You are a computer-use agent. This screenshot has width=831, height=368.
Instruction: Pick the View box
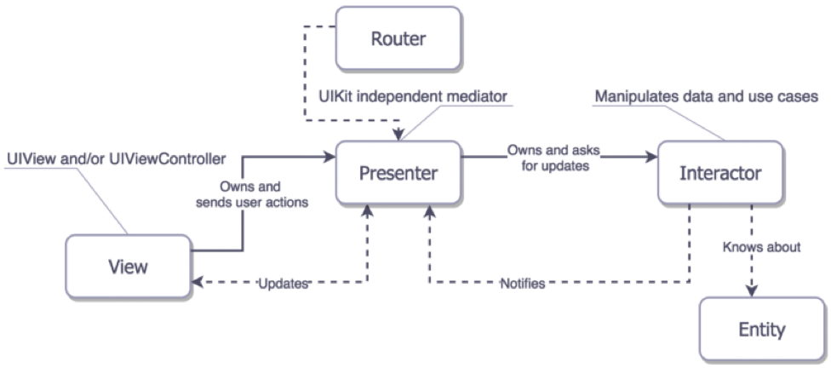click(129, 267)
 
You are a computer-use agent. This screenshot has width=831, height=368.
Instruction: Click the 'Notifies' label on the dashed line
click(523, 282)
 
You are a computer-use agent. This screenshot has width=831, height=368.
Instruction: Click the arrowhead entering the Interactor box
click(652, 157)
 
